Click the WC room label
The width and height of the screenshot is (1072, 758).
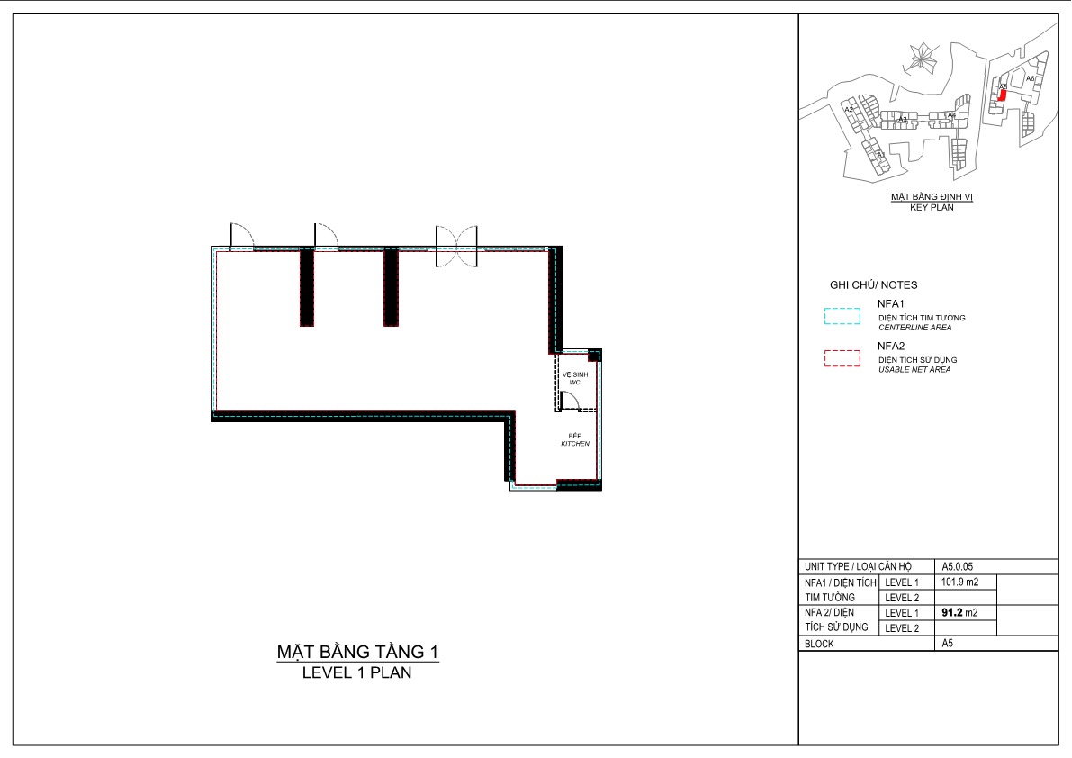click(x=574, y=378)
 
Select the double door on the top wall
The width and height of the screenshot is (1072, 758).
click(x=459, y=248)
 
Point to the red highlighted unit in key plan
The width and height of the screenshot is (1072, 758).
click(x=1002, y=95)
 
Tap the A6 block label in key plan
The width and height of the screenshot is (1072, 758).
click(x=1031, y=79)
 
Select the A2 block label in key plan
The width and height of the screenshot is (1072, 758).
click(x=848, y=110)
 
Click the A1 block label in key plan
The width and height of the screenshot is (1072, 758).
click(x=881, y=155)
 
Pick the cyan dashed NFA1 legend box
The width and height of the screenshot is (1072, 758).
click(x=842, y=317)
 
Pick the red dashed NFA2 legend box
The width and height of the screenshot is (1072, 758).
click(x=842, y=359)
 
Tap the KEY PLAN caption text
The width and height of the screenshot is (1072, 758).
click(x=932, y=207)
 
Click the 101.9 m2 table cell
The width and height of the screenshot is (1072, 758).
click(x=959, y=582)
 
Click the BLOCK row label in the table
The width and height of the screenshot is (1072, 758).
click(x=819, y=644)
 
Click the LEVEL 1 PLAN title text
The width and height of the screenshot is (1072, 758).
click(x=357, y=672)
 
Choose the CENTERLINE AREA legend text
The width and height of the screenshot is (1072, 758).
click(x=915, y=328)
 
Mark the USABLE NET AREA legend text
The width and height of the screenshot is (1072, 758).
click(x=914, y=370)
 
